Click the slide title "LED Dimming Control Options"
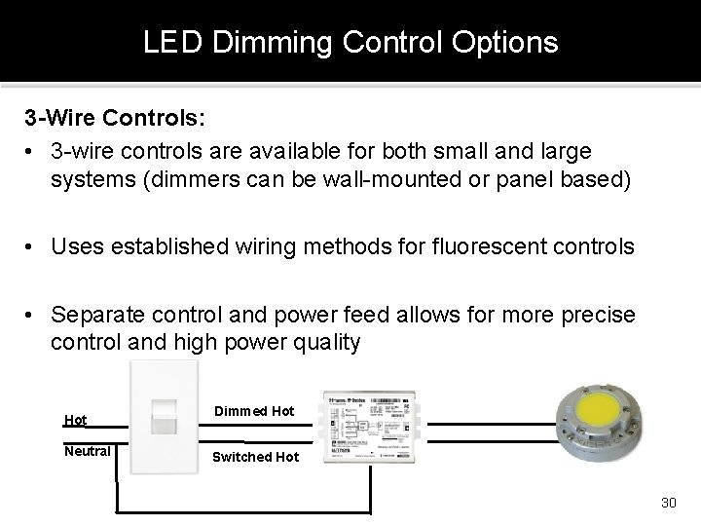tap(350, 43)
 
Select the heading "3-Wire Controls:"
tap(115, 118)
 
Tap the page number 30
tap(668, 503)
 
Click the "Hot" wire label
tap(75, 420)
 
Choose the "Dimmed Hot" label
tap(253, 411)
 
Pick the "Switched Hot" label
tap(256, 457)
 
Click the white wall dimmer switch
tap(163, 418)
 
